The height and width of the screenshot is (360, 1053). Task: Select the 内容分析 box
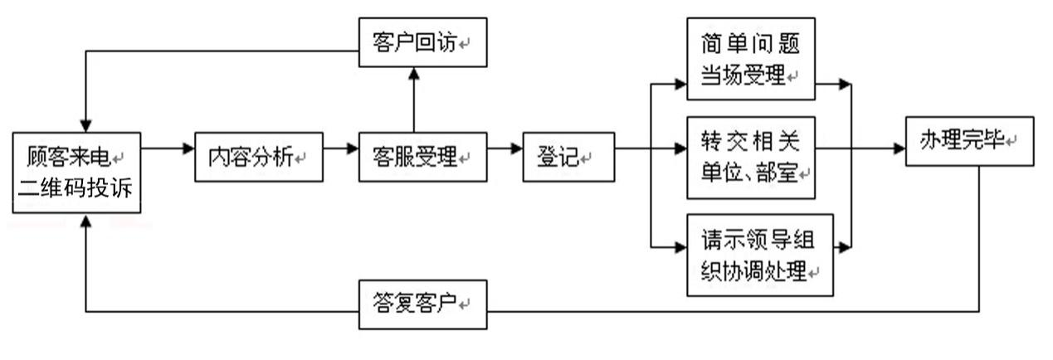pos(258,156)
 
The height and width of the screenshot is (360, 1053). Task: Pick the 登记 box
pos(568,156)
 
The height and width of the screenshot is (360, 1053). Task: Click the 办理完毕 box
pos(969,141)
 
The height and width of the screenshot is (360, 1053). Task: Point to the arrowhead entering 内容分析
pos(189,149)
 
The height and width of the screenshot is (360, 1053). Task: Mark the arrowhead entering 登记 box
pos(517,149)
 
